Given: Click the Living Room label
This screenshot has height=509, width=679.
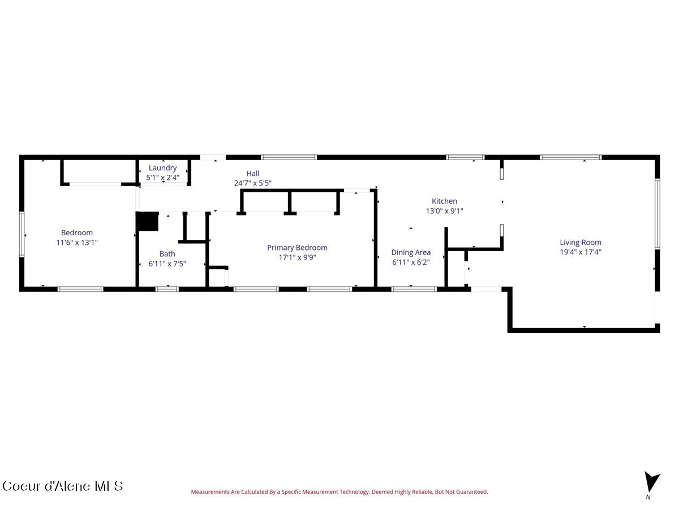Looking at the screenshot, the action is (581, 242).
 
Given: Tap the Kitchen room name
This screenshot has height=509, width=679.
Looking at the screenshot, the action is (444, 201).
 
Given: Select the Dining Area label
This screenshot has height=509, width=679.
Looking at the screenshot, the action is (411, 252).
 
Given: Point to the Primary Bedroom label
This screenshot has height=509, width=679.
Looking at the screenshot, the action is (297, 248).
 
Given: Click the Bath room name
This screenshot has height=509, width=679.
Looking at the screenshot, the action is (167, 254).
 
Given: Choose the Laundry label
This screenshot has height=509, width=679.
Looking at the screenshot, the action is (163, 168).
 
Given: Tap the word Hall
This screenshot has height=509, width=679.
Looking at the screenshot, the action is (253, 174).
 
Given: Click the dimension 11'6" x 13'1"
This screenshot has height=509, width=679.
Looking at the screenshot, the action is (77, 242).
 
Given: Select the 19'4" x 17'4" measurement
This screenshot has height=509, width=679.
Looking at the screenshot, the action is (581, 252).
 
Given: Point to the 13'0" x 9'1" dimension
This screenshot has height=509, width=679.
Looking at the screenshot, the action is (444, 211).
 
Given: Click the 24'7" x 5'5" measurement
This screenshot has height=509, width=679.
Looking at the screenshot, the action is (253, 183).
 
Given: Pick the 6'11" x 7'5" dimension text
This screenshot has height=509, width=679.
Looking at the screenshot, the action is (167, 264).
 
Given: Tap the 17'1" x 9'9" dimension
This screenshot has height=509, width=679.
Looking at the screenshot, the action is (297, 257).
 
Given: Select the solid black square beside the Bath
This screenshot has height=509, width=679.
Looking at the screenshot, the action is (148, 221).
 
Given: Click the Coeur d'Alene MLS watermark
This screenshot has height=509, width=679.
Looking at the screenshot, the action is (62, 486).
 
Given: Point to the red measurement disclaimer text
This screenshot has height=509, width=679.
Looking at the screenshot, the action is (339, 491).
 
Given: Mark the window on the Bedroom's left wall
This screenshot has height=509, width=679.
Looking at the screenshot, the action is (22, 234).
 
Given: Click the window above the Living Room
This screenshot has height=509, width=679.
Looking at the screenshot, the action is (571, 157).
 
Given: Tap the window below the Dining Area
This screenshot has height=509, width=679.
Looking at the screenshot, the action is (414, 289).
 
